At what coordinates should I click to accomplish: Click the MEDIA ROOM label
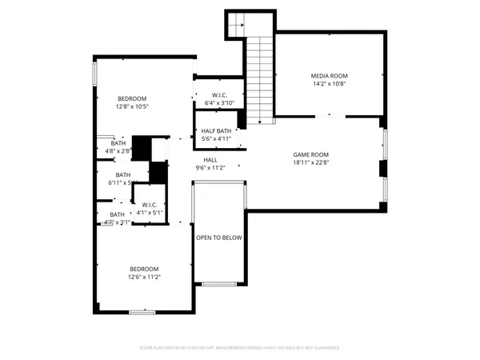pos(330,76)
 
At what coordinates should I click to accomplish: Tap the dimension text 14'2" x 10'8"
pos(330,84)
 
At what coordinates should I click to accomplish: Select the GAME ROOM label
pos(310,155)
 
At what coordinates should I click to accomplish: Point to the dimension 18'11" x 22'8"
pos(310,163)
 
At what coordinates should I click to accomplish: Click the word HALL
pos(210,160)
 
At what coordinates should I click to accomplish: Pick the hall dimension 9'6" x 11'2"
pos(210,168)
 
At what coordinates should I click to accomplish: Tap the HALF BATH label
pos(216,130)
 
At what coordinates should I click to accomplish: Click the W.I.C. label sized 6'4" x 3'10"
pos(221,94)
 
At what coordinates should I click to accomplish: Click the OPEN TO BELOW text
pos(219,238)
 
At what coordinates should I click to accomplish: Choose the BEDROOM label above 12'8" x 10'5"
pos(131,98)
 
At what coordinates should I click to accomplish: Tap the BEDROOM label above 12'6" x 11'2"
pos(144,269)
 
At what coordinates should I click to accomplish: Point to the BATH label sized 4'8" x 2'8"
pos(117,142)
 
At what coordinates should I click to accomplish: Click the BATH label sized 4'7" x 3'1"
pos(117,214)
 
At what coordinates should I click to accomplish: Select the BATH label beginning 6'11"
pos(122,175)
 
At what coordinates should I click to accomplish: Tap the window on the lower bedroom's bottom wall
pos(142,311)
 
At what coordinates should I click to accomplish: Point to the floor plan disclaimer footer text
pos(240,348)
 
